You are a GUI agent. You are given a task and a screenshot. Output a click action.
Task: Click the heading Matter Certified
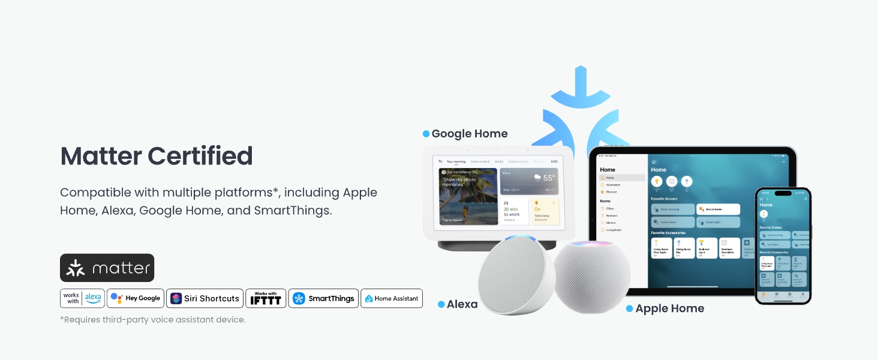157,156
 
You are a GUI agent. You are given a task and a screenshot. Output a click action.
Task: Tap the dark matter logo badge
107,268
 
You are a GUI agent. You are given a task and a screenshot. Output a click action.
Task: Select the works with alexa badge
83,298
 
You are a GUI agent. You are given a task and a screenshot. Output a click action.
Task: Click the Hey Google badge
136,298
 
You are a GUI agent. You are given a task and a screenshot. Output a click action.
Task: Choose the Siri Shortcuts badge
205,298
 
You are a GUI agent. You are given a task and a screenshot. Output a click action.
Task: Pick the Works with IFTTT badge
266,298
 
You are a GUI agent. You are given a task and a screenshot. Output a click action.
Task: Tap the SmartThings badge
323,298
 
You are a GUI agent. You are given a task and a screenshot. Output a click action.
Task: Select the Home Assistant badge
391,298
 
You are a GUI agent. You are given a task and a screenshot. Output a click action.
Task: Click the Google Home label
470,134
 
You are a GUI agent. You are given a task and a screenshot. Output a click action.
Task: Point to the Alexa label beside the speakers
462,304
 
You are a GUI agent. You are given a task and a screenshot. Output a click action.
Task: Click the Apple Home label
669,308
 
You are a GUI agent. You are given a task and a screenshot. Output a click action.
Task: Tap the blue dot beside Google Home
426,134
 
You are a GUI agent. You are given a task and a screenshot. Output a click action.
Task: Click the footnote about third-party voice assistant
152,320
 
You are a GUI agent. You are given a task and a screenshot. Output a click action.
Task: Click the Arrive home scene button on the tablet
718,209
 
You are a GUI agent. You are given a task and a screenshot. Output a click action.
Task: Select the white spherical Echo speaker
516,276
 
